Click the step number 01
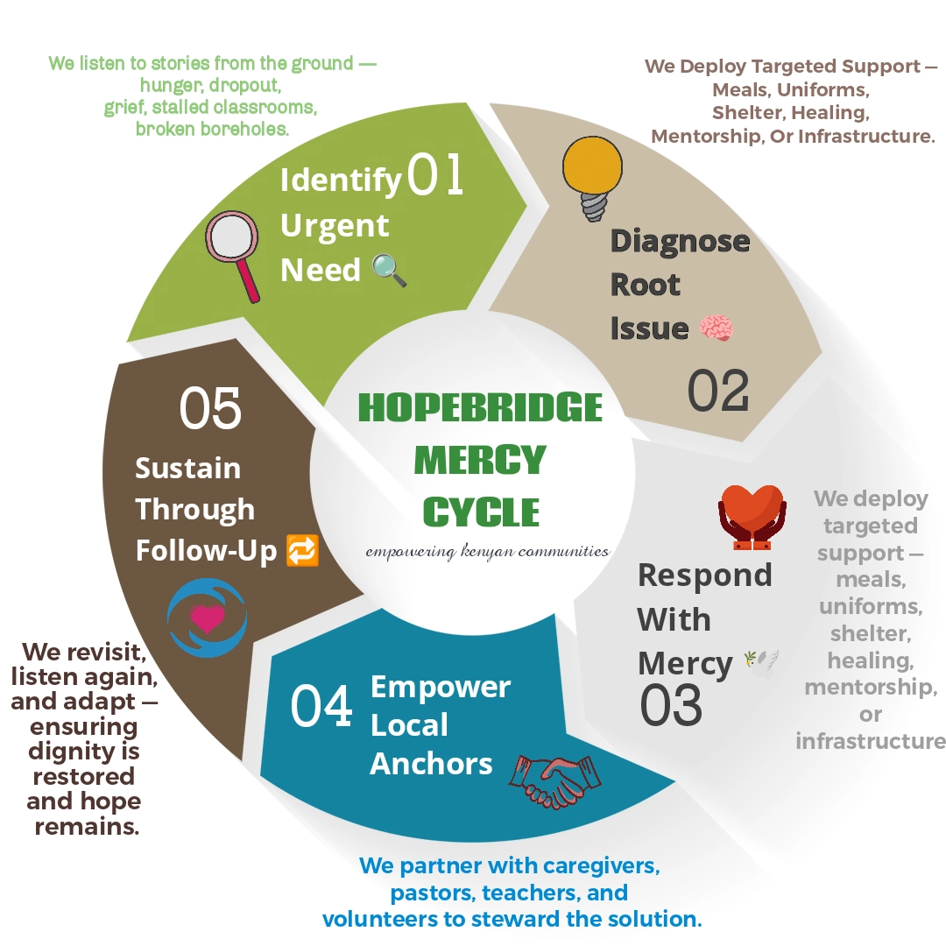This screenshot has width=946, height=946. (x=435, y=174)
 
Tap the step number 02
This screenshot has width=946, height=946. (x=718, y=391)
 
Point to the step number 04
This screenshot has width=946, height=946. (x=321, y=707)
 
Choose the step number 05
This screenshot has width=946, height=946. (x=210, y=409)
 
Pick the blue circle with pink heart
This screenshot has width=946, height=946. (x=208, y=618)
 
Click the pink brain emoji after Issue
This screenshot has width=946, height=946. (x=717, y=329)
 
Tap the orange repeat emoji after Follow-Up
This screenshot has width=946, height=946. (x=302, y=551)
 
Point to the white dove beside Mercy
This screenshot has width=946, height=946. (x=759, y=661)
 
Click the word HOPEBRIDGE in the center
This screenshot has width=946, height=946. (x=480, y=408)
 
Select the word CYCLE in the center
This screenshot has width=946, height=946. (x=481, y=512)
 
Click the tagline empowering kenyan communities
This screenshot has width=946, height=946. (x=487, y=552)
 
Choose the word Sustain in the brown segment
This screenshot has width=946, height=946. (x=187, y=468)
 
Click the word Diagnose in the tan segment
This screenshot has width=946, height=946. (x=680, y=240)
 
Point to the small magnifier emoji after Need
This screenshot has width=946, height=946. (x=389, y=270)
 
